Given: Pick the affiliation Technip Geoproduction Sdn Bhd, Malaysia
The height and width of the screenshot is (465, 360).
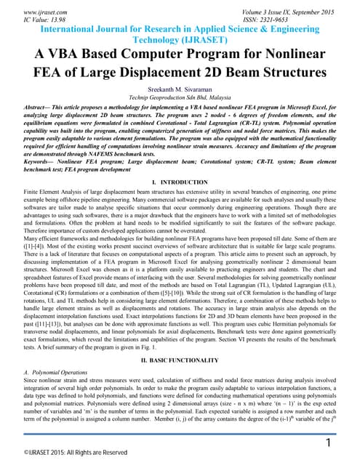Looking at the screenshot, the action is (x=180, y=97).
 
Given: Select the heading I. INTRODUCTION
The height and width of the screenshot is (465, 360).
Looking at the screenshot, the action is (x=180, y=180).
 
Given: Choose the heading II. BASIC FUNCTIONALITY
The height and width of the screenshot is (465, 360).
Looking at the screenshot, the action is (x=180, y=360).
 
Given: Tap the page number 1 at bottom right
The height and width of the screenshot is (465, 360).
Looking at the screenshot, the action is (x=328, y=423).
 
